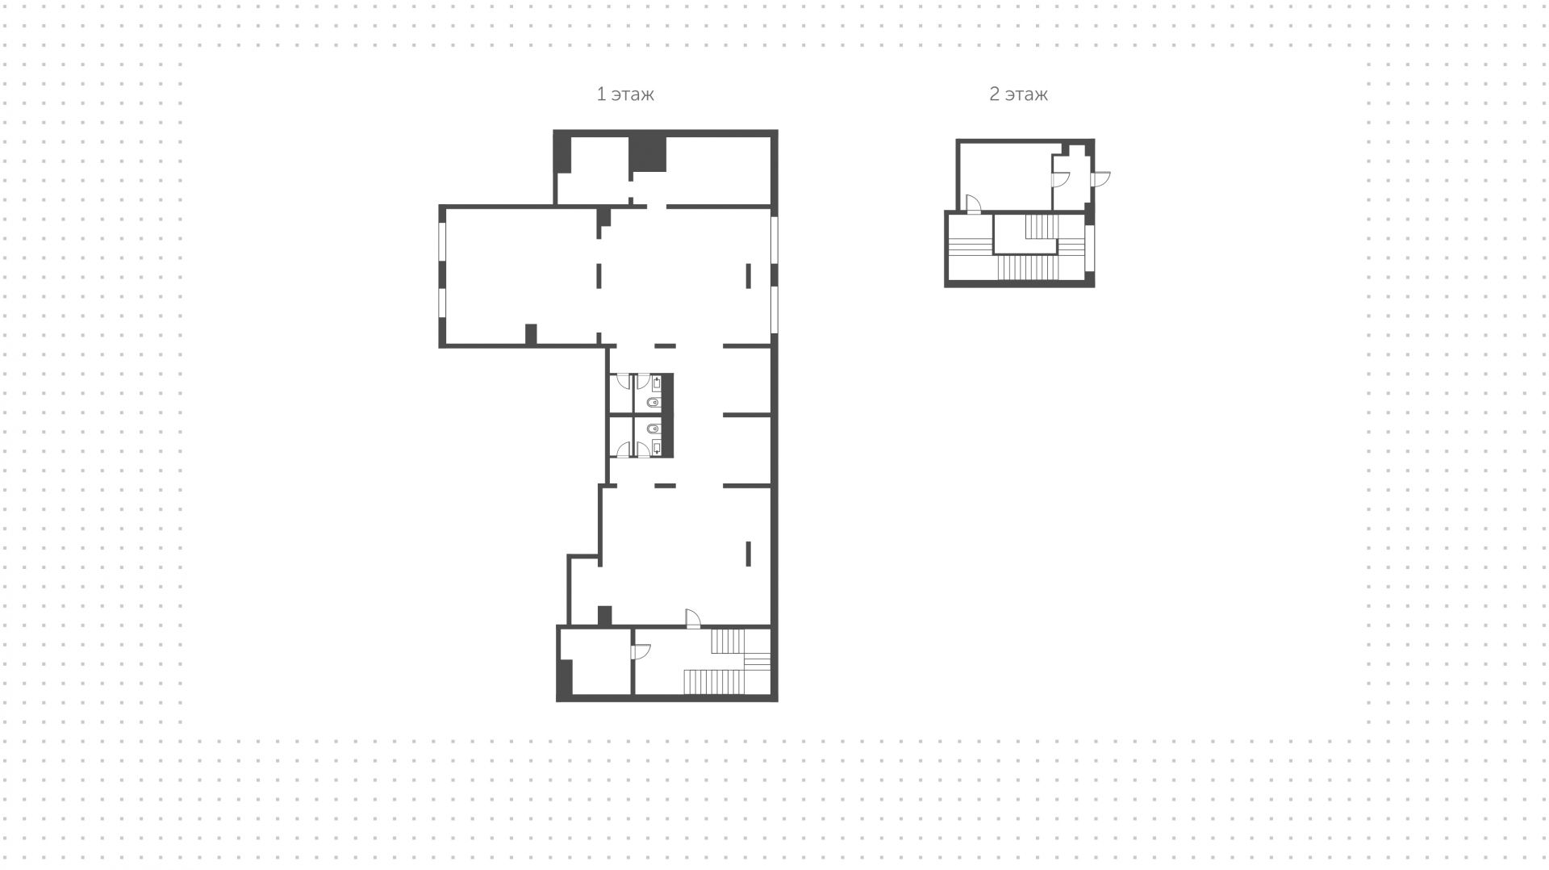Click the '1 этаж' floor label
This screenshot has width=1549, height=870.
click(625, 94)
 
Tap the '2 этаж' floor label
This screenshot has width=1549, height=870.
click(1018, 94)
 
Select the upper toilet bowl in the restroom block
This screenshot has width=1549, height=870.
click(653, 402)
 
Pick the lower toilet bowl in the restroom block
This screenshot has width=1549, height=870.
click(653, 429)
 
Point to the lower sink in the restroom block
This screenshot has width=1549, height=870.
click(657, 447)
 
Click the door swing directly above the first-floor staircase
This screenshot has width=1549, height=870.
click(692, 618)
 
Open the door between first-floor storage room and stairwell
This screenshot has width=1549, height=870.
click(641, 652)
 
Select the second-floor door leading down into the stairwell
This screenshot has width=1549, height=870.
click(973, 204)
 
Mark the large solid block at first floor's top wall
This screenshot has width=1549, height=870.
click(648, 153)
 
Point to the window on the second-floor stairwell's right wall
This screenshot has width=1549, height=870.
click(1089, 248)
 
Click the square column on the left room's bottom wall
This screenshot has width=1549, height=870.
click(531, 334)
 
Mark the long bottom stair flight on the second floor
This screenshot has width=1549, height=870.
click(1027, 268)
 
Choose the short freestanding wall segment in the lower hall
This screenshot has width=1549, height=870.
click(748, 553)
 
